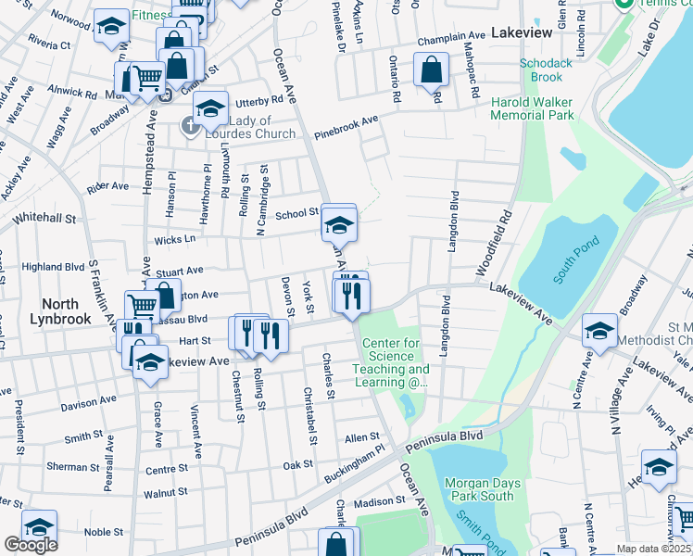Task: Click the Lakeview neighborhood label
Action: [x=521, y=32]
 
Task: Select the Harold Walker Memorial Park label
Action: [x=533, y=108]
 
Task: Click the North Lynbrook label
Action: [x=66, y=311]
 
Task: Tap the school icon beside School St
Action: [x=339, y=223]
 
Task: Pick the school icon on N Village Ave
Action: [x=599, y=329]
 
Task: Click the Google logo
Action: [x=30, y=545]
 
